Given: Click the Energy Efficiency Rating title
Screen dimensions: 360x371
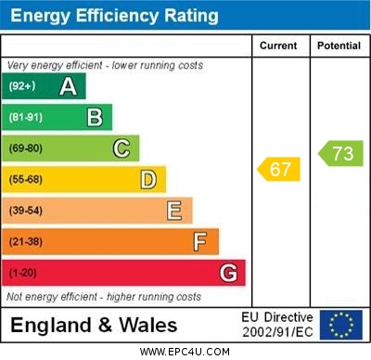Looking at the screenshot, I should coord(114,16).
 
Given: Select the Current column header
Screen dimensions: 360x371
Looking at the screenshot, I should coord(278,45).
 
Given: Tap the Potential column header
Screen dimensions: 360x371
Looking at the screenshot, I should coord(339,45).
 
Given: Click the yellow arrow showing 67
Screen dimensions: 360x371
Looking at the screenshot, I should coord(279,169).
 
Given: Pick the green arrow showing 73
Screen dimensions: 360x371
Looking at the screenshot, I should coord(340,154).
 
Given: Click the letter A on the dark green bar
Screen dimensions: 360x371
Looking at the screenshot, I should coord(68,86).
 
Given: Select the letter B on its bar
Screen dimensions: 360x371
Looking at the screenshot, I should coord(95,117).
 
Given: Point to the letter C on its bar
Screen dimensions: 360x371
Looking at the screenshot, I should coord(122,148).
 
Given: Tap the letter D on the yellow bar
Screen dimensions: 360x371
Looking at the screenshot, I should coord(148,179).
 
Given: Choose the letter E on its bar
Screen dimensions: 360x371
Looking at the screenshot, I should coord(174,211).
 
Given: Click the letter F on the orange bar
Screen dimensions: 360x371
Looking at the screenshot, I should coord(200,241).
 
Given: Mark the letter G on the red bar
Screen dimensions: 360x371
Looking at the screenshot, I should coord(228,273).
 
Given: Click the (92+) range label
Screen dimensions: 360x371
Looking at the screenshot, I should coord(23,86).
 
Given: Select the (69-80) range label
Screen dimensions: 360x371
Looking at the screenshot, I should coord(26,148).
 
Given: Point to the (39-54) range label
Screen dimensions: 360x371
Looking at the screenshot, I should coord(26,211).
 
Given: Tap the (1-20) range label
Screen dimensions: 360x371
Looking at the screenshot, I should coord(23,274).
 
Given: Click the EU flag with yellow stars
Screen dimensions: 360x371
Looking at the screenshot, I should coord(340,325).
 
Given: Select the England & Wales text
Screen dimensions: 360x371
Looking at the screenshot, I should coord(93,325).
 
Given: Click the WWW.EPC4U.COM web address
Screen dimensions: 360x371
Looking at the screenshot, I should coord(185,352).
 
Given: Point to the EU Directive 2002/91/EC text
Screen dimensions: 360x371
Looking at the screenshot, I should coord(277,325).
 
